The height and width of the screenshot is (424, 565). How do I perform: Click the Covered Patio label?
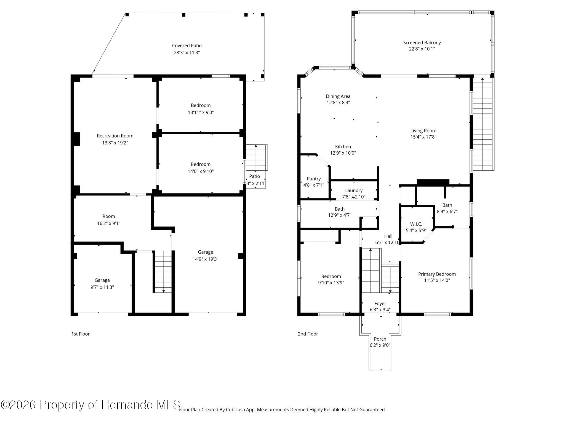click(x=187, y=46)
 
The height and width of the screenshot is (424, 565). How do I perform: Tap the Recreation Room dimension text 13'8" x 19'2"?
click(x=115, y=143)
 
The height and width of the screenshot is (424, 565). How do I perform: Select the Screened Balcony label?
click(x=422, y=43)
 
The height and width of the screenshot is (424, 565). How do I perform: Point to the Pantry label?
click(x=314, y=179)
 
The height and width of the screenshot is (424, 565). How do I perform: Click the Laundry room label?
click(x=354, y=190)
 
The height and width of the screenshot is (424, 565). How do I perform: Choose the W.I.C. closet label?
click(x=416, y=224)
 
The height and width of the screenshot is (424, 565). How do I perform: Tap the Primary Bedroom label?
click(x=437, y=274)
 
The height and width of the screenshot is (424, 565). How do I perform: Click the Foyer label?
click(x=380, y=303)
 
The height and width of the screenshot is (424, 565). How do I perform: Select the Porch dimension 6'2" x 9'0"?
click(x=380, y=345)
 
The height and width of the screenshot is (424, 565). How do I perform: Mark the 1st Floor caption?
click(x=81, y=334)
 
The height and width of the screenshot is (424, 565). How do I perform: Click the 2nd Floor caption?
click(x=308, y=334)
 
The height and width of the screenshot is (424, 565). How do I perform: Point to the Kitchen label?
click(x=343, y=147)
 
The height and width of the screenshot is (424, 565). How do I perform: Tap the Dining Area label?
click(x=338, y=96)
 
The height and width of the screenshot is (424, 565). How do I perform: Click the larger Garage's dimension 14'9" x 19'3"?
click(x=205, y=259)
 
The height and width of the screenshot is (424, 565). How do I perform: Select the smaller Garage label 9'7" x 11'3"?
click(x=102, y=280)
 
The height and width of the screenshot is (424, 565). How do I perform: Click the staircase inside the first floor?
click(x=163, y=272)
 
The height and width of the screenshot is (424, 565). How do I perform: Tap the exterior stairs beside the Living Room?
click(x=483, y=124)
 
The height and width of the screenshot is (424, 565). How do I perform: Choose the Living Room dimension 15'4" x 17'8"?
click(x=423, y=137)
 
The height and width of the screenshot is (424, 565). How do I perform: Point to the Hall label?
click(x=388, y=236)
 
